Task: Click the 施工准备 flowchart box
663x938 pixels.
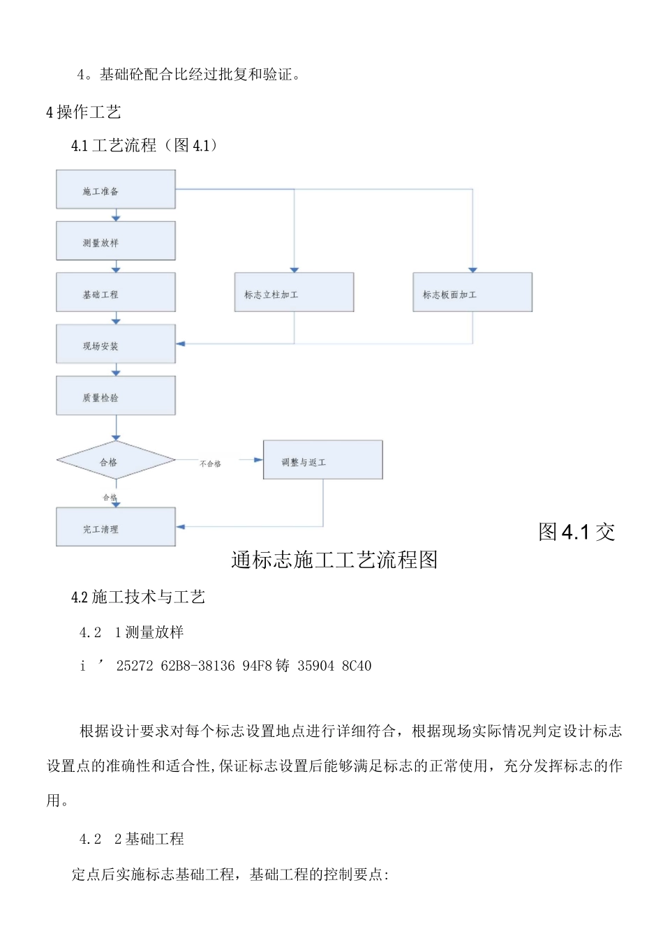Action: tap(116, 190)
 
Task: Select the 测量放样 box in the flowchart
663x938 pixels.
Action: tap(116, 241)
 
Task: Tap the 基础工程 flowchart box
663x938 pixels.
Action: tap(116, 293)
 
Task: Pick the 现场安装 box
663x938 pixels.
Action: tap(116, 344)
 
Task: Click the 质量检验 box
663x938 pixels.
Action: tap(116, 396)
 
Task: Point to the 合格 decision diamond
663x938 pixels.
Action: tap(116, 461)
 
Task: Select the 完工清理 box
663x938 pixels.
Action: tap(116, 528)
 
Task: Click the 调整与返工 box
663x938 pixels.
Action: tap(322, 461)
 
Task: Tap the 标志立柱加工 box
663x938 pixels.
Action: tap(294, 293)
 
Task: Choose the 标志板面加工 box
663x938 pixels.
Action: tap(472, 293)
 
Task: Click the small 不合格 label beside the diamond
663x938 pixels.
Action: tap(210, 464)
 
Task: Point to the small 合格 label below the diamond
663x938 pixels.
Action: tap(110, 498)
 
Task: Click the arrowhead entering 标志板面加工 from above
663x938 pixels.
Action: tap(472, 269)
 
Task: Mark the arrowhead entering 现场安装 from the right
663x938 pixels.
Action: tap(181, 344)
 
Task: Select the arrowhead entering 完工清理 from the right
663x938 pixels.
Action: tap(181, 527)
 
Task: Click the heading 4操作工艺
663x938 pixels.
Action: tap(84, 112)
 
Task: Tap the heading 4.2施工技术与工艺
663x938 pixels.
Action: tap(138, 597)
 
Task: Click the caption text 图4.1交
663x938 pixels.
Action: tap(576, 533)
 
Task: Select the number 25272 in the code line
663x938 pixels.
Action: tap(135, 667)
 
